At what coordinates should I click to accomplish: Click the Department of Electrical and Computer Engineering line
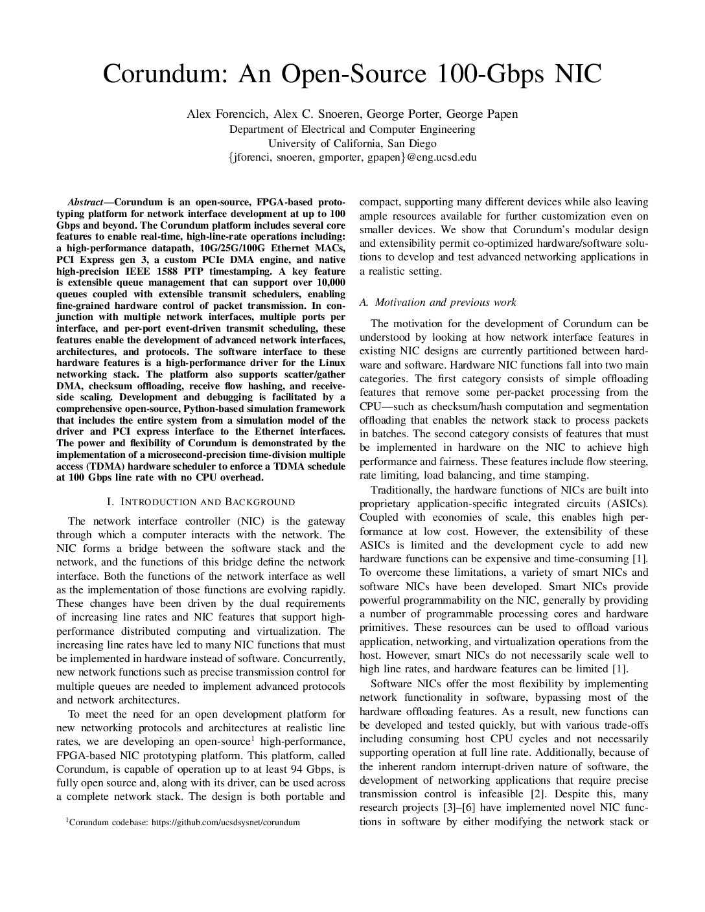coord(352,129)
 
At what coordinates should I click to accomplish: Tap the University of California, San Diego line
coord(352,143)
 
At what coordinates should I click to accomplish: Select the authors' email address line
coord(352,157)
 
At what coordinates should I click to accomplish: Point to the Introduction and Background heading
coord(200,502)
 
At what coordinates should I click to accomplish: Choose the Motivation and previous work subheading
coord(437,302)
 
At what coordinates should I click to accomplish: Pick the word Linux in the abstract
coord(330,363)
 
